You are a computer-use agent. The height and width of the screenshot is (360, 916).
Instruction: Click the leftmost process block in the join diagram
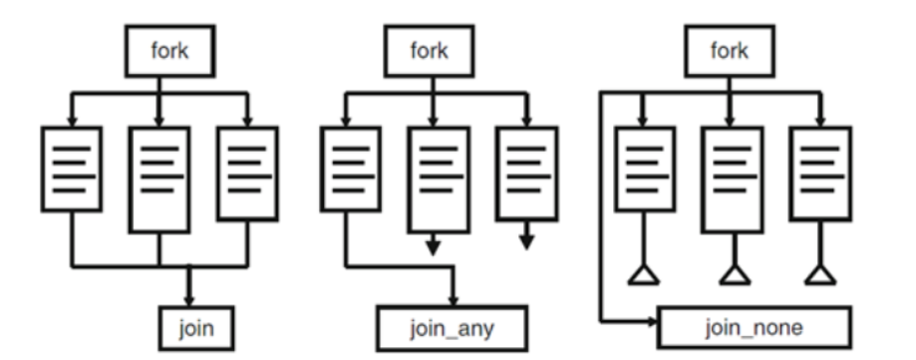tap(73, 168)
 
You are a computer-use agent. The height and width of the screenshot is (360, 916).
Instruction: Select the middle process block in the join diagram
tap(160, 180)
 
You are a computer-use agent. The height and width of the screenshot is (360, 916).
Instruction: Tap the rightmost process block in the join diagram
tap(247, 168)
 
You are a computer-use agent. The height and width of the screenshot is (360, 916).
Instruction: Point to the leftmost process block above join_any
tap(345, 168)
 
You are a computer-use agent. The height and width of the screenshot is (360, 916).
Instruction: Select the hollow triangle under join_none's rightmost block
tap(816, 275)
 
